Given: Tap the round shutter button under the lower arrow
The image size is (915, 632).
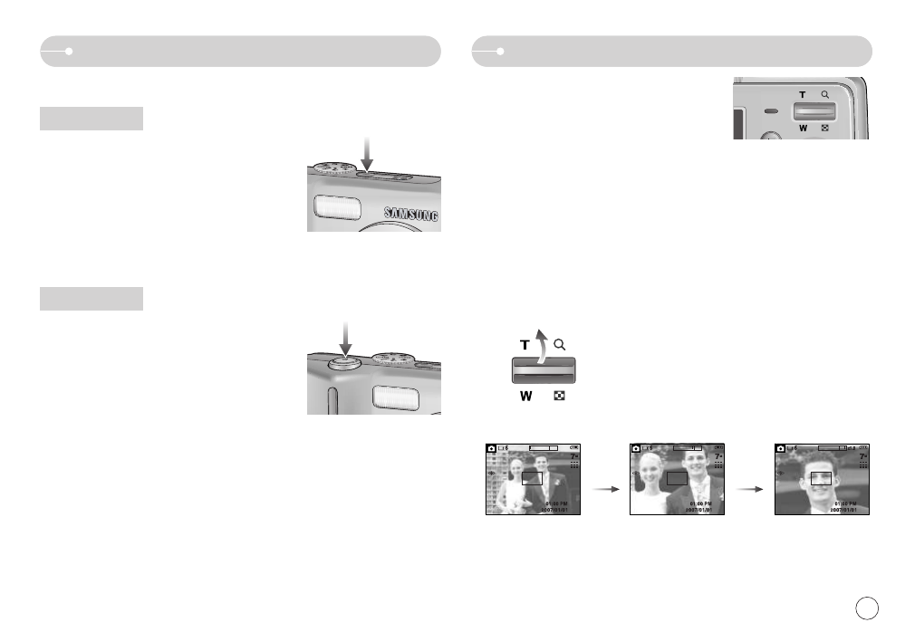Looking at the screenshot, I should (x=345, y=361).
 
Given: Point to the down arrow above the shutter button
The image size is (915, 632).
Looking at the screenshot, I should (x=345, y=336).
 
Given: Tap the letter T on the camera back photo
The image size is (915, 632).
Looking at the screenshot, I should (x=802, y=94).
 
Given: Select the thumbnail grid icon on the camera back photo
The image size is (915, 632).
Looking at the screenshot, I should (x=825, y=129).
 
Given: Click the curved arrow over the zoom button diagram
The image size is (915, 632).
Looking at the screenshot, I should (x=541, y=345).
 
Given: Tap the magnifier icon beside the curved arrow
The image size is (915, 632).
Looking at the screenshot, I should (x=560, y=344).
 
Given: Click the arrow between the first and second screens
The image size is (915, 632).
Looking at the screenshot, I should (x=604, y=487).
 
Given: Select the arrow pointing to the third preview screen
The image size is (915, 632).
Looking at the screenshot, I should (x=749, y=487).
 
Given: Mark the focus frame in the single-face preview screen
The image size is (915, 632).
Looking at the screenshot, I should (x=821, y=479).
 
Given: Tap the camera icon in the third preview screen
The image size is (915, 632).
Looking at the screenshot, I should (x=781, y=448).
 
